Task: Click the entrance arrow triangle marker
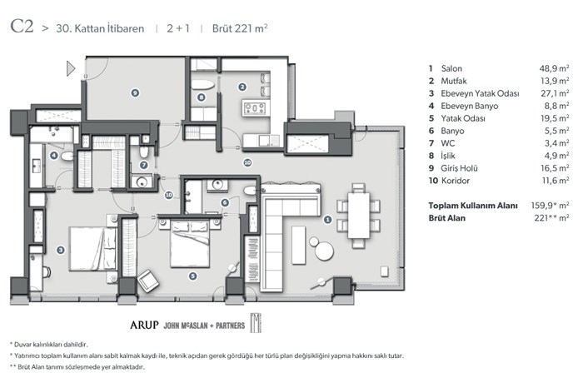70,68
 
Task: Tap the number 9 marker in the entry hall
135,92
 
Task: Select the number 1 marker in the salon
327,219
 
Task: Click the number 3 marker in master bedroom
60,250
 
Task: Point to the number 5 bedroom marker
192,276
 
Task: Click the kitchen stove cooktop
255,108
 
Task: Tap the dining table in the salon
359,216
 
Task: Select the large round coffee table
324,251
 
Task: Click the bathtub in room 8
202,85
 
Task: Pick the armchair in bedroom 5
148,281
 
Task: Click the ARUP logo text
144,326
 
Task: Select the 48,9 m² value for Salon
554,68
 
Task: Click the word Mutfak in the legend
454,81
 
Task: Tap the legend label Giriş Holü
459,168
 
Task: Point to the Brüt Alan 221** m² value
551,218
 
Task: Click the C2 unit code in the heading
22,26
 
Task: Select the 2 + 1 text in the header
178,28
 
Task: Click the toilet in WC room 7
144,152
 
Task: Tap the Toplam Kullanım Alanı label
472,206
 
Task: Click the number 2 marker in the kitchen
242,87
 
